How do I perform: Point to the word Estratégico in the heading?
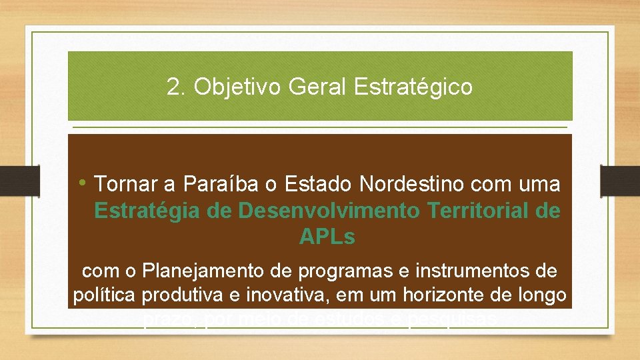point(414,87)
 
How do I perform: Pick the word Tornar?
point(127,183)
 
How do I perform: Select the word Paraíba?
point(221,183)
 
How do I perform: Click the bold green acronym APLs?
point(327,237)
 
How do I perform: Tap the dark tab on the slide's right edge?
point(619,180)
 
